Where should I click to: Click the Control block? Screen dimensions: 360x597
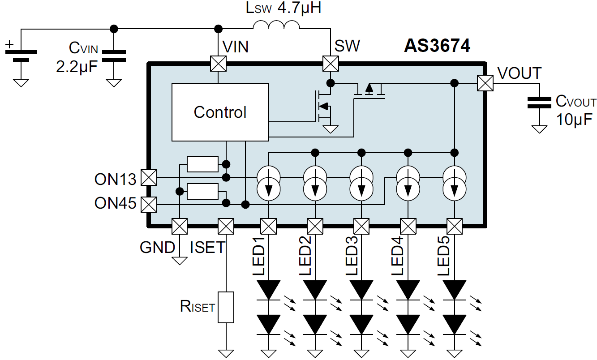(x=220, y=112)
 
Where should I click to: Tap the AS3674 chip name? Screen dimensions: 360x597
(x=437, y=46)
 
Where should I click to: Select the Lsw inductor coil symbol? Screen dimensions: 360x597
(x=276, y=26)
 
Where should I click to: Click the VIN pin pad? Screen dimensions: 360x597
(x=218, y=63)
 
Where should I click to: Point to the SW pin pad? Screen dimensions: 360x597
(x=331, y=63)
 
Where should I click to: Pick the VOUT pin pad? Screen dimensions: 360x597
(x=485, y=83)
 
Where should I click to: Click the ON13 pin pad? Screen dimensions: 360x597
(x=148, y=178)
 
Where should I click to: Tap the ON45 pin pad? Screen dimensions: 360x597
(x=148, y=205)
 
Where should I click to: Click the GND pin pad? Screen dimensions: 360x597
(x=180, y=226)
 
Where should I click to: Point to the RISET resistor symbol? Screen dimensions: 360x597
(x=226, y=307)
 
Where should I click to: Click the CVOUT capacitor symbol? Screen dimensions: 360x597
(x=539, y=103)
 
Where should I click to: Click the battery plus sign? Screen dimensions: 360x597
(x=9, y=44)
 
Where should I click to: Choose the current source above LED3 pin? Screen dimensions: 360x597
(x=361, y=183)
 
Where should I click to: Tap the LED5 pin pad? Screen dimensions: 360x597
(x=455, y=226)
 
